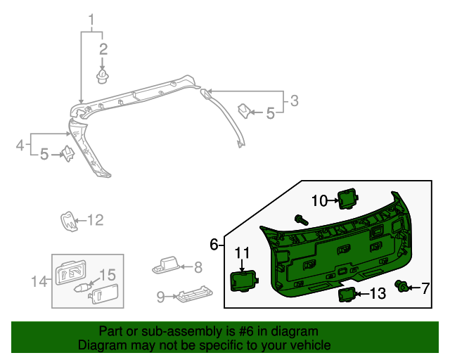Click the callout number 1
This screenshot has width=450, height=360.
(x=91, y=18)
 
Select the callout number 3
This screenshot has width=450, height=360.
(x=295, y=101)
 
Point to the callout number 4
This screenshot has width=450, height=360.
(x=21, y=146)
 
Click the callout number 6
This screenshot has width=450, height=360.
(x=214, y=245)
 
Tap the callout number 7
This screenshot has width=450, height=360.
(x=425, y=288)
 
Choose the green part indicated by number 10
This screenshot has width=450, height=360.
(x=347, y=198)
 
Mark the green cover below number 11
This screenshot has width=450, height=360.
(x=244, y=281)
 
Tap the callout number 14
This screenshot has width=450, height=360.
(x=39, y=282)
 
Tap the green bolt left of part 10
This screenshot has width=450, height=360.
(x=301, y=219)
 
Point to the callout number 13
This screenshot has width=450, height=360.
(x=378, y=294)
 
